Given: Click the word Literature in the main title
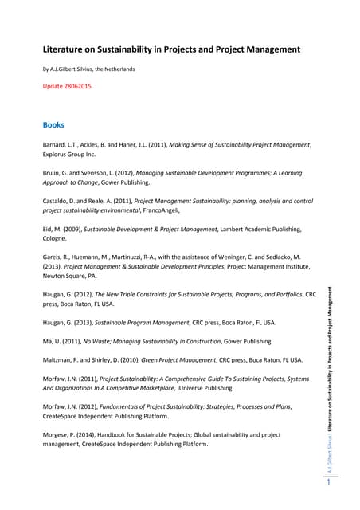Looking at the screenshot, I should [65, 49].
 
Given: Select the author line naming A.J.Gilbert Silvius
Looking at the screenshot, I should [88, 69].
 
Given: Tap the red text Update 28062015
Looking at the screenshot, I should [66, 85].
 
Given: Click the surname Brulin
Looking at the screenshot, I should [53, 172].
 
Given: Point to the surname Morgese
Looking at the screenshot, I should [57, 434].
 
